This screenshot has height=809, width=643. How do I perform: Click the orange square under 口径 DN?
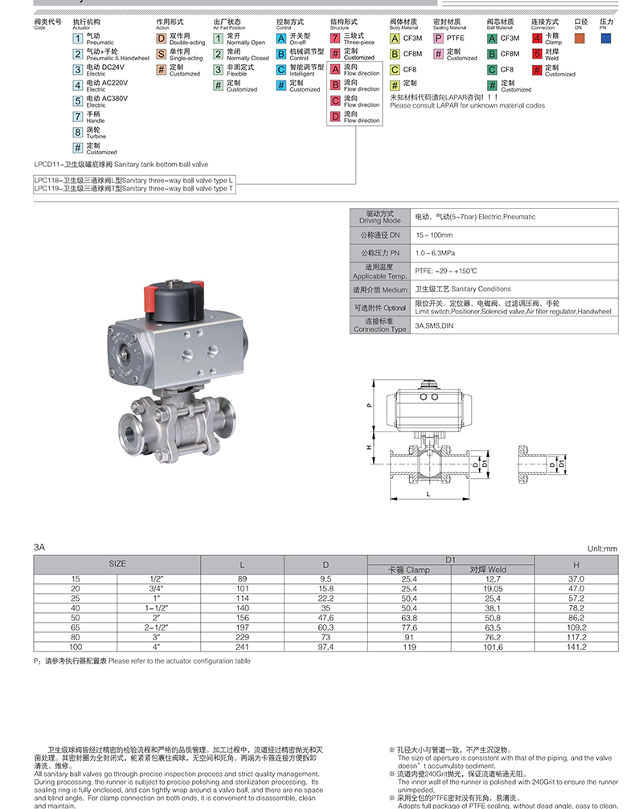(580, 38)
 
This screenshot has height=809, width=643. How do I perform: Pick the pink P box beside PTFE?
(438, 38)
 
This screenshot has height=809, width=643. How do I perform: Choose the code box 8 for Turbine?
(78, 131)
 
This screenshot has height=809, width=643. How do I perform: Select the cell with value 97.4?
(326, 645)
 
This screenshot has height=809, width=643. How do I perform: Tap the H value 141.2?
(577, 645)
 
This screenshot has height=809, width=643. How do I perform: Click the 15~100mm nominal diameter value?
(434, 235)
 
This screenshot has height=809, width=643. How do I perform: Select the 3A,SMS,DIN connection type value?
(435, 326)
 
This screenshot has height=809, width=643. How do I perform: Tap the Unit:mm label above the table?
(602, 548)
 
